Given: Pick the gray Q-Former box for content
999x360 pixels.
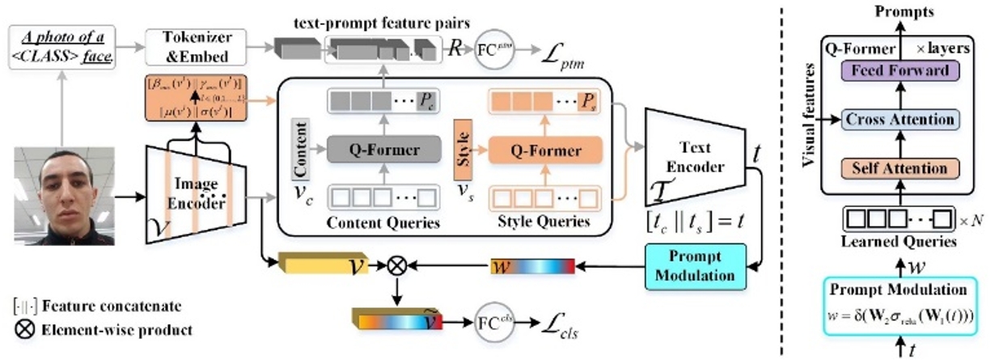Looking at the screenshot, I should pos(383,150).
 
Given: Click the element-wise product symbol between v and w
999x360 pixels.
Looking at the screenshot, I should pos(396,265).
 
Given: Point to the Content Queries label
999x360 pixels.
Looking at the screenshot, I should pos(383,222).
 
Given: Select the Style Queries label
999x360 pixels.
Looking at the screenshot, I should pos(541,222).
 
